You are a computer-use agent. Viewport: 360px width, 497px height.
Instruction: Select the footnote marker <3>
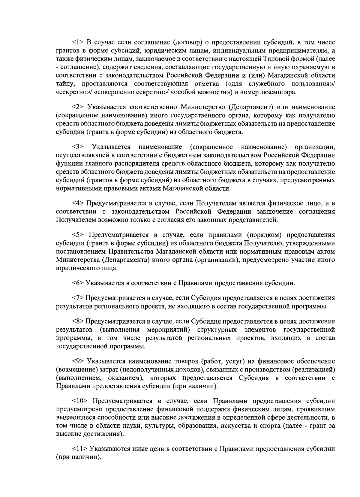click(x=78, y=147)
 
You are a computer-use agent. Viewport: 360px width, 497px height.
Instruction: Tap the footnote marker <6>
click(x=78, y=283)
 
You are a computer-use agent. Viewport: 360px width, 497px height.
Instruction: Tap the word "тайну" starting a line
click(x=64, y=83)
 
